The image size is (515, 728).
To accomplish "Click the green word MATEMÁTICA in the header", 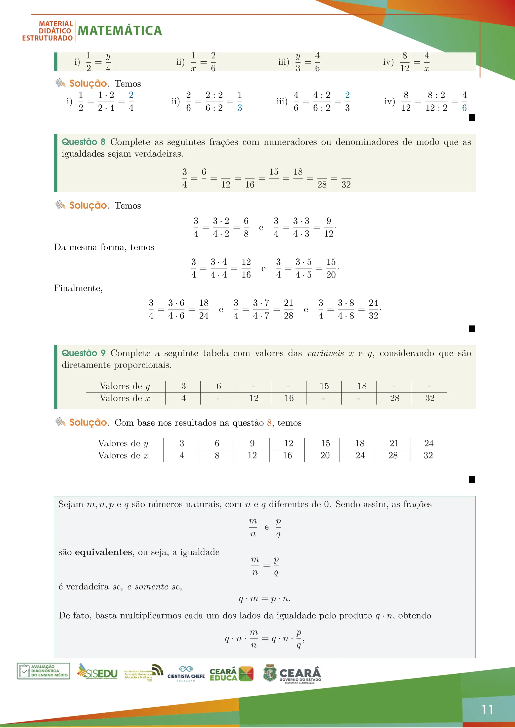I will point(120,31).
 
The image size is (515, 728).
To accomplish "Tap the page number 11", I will point(487,710).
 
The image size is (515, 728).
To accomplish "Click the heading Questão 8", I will point(83,142).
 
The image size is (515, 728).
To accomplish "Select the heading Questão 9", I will point(83,353).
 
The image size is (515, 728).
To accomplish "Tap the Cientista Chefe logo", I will point(186,673).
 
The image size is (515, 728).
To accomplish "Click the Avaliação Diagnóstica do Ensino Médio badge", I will point(44,671).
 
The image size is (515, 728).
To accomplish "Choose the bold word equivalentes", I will point(103,552).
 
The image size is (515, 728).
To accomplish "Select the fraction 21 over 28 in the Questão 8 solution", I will point(288,309).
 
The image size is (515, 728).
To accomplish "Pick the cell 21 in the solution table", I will point(394,443).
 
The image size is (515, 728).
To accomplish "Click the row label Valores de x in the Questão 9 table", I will point(125,398).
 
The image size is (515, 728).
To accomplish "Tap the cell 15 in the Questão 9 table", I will point(324,386).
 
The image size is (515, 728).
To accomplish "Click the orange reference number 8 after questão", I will point(269,423).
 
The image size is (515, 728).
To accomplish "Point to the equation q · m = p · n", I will point(265,599).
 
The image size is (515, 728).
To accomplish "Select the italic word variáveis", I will point(325,353).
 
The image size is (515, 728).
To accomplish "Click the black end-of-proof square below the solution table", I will point(472,479).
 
